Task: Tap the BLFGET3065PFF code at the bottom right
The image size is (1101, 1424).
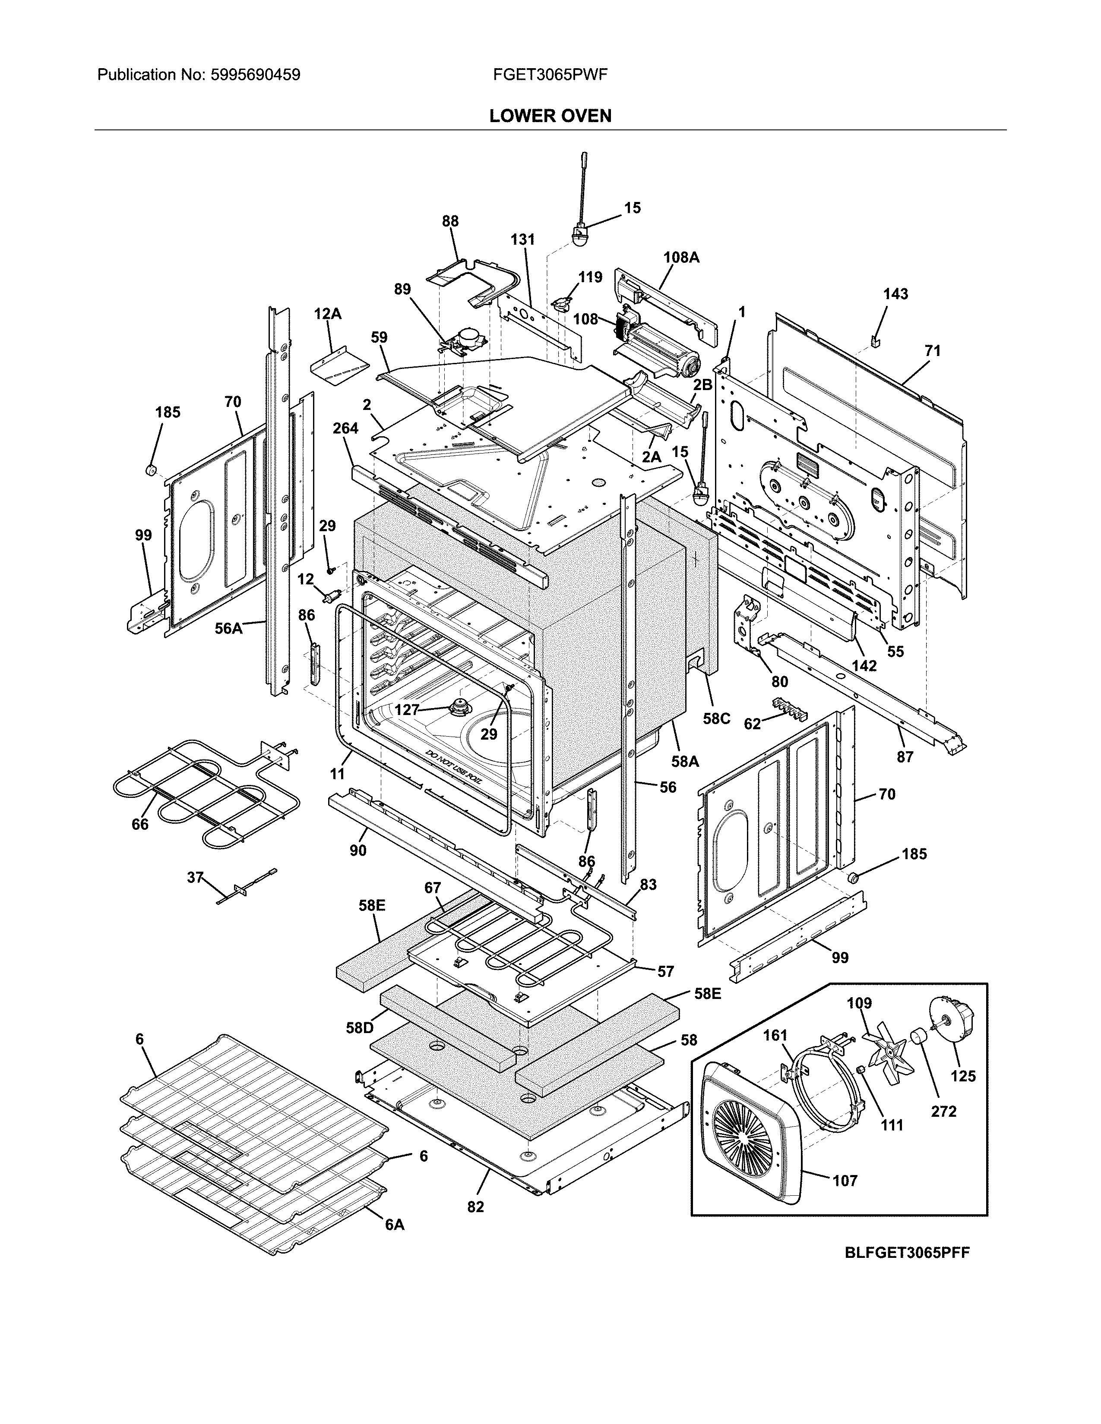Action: click(907, 1253)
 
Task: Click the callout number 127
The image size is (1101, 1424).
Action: click(406, 709)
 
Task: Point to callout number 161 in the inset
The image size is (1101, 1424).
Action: click(775, 1035)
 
